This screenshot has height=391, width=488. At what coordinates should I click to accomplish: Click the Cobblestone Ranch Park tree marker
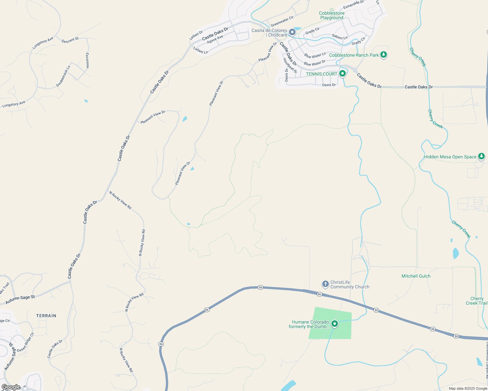(384, 55)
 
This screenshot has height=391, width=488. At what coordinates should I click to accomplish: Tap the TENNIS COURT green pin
(342, 74)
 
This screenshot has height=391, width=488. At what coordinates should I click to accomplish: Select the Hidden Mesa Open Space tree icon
(481, 156)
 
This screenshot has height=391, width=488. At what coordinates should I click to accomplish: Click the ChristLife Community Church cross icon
(325, 284)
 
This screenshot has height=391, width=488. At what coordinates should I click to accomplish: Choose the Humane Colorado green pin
(334, 324)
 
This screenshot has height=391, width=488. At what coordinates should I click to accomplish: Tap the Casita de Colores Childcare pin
(292, 32)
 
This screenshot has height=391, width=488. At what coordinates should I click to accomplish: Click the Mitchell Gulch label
(416, 276)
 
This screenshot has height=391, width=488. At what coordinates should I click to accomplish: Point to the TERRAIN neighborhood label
(46, 316)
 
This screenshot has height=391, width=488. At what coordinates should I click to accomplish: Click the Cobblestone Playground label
(332, 16)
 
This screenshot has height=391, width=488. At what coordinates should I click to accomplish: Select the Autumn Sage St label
(20, 299)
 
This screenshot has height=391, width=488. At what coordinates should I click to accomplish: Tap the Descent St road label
(70, 40)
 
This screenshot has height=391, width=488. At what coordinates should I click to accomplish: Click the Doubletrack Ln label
(63, 77)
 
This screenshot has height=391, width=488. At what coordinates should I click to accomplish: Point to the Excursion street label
(87, 61)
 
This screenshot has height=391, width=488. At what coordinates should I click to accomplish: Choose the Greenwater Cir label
(282, 21)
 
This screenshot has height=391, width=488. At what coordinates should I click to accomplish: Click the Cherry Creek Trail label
(477, 301)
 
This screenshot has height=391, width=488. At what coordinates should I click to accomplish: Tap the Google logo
(11, 387)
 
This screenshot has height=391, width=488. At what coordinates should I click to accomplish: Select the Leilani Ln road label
(201, 50)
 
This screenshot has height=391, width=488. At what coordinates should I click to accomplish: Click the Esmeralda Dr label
(353, 5)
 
